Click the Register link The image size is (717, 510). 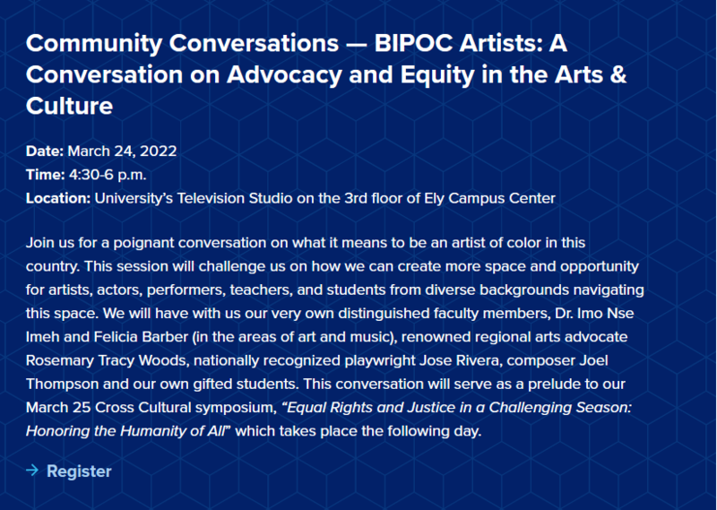tap(79, 471)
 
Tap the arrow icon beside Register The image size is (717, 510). tap(32, 471)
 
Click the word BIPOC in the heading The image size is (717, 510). tap(413, 44)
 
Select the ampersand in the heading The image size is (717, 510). tap(618, 75)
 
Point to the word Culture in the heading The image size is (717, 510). tap(70, 106)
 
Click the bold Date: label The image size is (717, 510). tap(45, 151)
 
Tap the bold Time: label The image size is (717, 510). tap(46, 175)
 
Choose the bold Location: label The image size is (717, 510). tap(58, 198)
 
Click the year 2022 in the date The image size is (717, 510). tap(159, 151)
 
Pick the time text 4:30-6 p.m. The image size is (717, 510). tap(108, 175)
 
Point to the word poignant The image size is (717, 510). tap(143, 243)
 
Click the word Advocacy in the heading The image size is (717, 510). tap(284, 75)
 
